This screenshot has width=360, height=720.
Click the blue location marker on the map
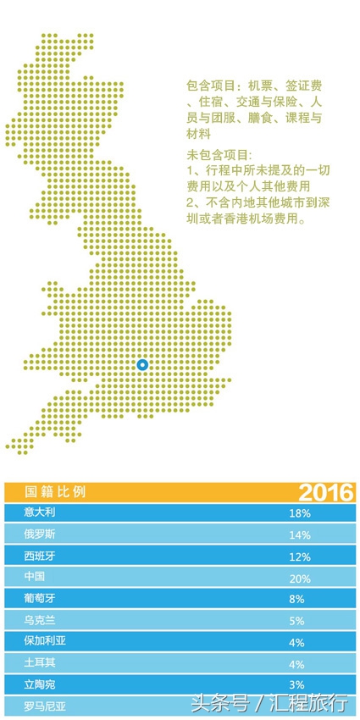(142, 365)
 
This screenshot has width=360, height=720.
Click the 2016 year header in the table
(325, 493)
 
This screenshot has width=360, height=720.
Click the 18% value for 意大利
(300, 514)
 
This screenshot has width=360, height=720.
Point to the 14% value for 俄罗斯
(300, 535)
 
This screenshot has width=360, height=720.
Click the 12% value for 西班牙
(300, 557)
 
